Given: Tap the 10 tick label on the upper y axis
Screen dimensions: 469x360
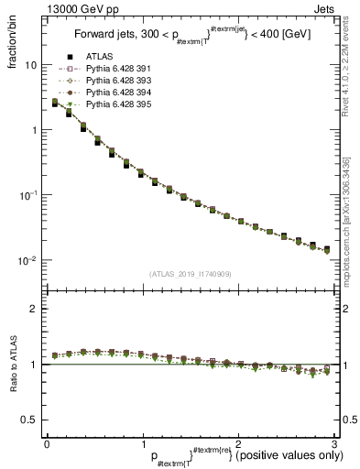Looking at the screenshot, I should pos(30,66).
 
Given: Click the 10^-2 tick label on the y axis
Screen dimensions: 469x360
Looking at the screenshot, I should pos(28,260).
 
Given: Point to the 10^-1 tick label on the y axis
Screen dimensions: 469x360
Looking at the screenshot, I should pos(28,195).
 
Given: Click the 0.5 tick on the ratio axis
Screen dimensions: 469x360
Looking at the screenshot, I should pos(29,420).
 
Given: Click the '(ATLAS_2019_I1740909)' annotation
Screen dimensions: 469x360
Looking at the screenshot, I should pos(191,274).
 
